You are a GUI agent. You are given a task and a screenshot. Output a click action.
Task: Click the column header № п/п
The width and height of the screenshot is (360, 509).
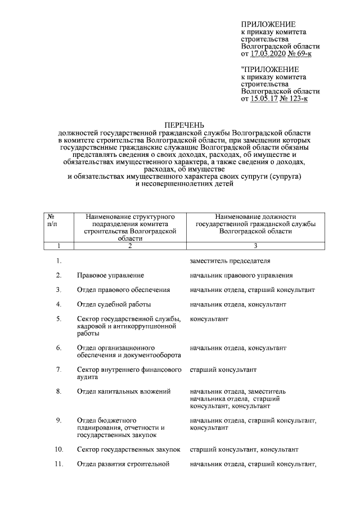point(51,220)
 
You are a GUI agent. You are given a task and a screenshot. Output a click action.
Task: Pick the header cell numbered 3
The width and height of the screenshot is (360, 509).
point(255,245)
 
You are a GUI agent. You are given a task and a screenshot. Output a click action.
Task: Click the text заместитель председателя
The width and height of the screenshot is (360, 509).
point(230,261)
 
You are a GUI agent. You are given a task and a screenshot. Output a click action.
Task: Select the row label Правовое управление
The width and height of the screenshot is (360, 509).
point(110,275)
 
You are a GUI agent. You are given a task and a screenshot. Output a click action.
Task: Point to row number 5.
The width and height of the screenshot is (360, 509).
point(58,319)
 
